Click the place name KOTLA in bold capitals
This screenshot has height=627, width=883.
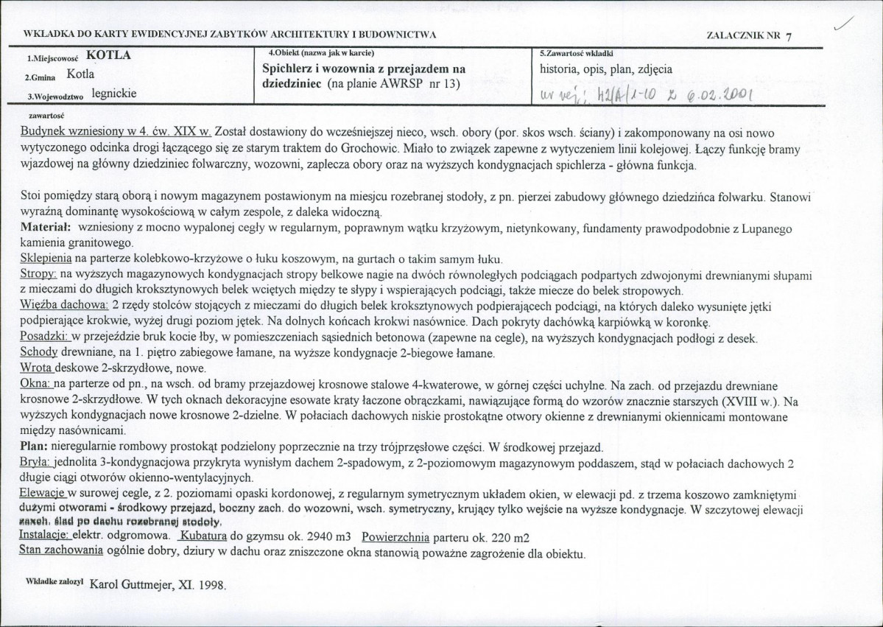click(111, 55)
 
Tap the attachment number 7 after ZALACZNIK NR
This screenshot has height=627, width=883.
click(789, 36)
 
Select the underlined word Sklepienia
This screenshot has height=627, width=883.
click(46, 259)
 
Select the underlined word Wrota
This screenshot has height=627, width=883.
click(37, 368)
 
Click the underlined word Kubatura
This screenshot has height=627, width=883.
click(200, 536)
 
